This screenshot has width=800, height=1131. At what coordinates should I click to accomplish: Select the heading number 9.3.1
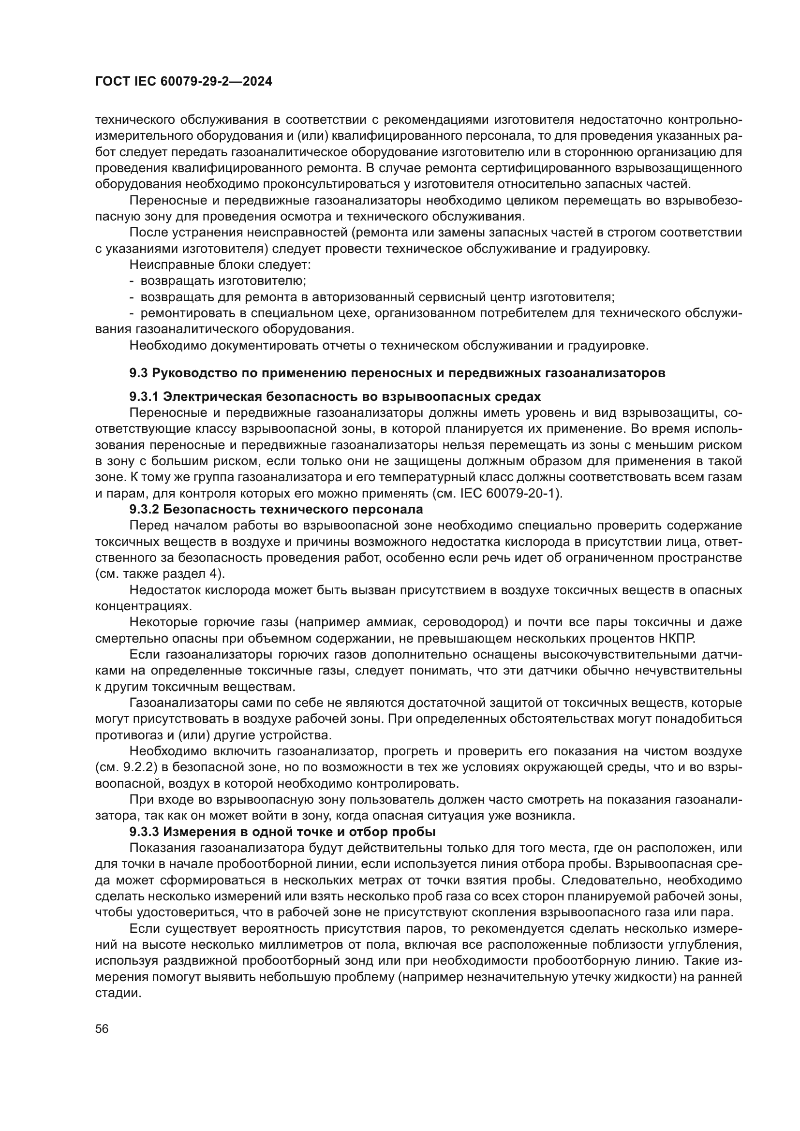144,397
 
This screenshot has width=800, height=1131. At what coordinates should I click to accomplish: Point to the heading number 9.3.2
144,509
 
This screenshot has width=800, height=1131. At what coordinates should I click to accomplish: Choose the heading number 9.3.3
144,832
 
